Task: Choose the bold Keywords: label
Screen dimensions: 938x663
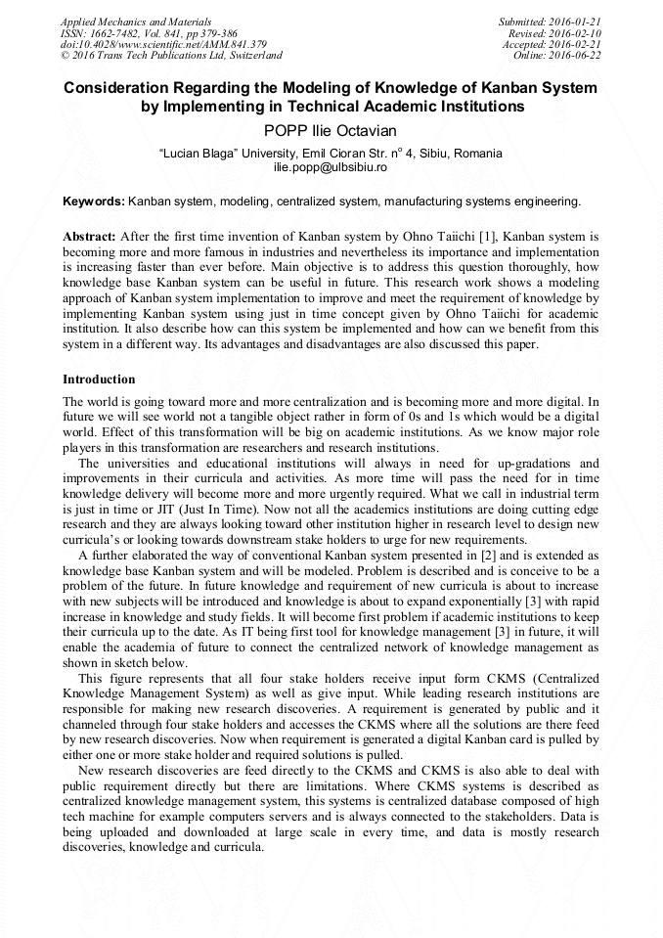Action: (x=94, y=201)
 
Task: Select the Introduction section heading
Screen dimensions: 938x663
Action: (x=99, y=379)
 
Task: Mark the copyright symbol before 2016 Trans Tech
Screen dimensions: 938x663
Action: (x=66, y=56)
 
